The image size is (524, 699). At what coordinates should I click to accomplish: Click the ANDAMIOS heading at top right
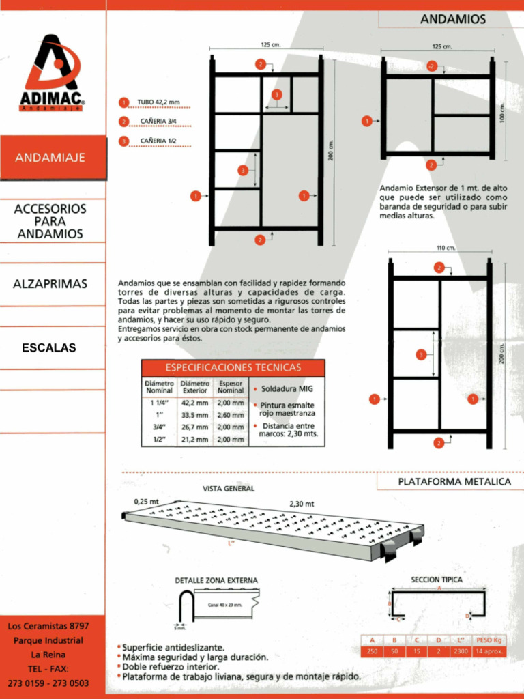[x=452, y=19]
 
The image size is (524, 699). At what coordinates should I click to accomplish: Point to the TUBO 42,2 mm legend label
[x=158, y=102]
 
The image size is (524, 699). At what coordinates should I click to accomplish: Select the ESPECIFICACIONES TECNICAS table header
[x=233, y=367]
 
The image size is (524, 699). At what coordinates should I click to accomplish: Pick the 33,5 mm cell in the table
[x=194, y=414]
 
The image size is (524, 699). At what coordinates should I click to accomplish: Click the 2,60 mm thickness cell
[x=230, y=414]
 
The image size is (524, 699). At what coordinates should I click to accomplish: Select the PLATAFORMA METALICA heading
[x=454, y=481]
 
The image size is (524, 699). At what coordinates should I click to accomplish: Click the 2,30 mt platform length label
[x=300, y=504]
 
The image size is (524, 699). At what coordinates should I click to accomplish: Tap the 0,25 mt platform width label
[x=145, y=501]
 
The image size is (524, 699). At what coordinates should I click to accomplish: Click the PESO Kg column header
[x=488, y=640]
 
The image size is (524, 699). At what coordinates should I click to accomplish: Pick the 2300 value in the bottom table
[x=461, y=651]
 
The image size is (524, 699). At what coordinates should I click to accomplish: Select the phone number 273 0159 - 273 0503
[x=48, y=683]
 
